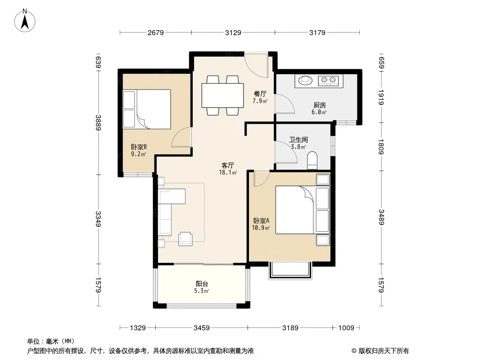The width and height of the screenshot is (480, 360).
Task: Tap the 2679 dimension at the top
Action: click(155, 33)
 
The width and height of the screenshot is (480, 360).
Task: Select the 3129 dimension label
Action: click(233, 33)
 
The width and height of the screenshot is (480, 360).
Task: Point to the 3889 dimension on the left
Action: click(98, 123)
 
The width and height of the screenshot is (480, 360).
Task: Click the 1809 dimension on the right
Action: click(381, 147)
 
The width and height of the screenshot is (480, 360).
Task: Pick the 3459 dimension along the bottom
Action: click(201, 328)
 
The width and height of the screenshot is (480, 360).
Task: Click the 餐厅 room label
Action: click(260, 94)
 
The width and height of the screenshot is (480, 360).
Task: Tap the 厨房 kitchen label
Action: click(319, 105)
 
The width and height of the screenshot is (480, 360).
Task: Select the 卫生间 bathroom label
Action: click(298, 140)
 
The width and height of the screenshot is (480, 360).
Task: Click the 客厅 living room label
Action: click(228, 166)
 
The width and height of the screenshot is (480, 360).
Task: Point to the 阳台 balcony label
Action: click(202, 284)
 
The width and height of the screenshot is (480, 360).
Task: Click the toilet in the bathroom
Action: click(312, 160)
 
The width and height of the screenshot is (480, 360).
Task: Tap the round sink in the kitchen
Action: click(305, 80)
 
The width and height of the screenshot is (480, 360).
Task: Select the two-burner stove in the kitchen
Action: click(328, 81)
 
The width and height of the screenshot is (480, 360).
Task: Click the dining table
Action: click(222, 95)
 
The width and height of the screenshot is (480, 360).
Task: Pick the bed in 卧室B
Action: click(147, 109)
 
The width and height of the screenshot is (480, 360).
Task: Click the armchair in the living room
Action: click(186, 239)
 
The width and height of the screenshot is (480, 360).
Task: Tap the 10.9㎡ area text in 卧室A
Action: click(261, 228)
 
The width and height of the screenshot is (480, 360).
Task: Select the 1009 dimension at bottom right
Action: click(346, 328)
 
